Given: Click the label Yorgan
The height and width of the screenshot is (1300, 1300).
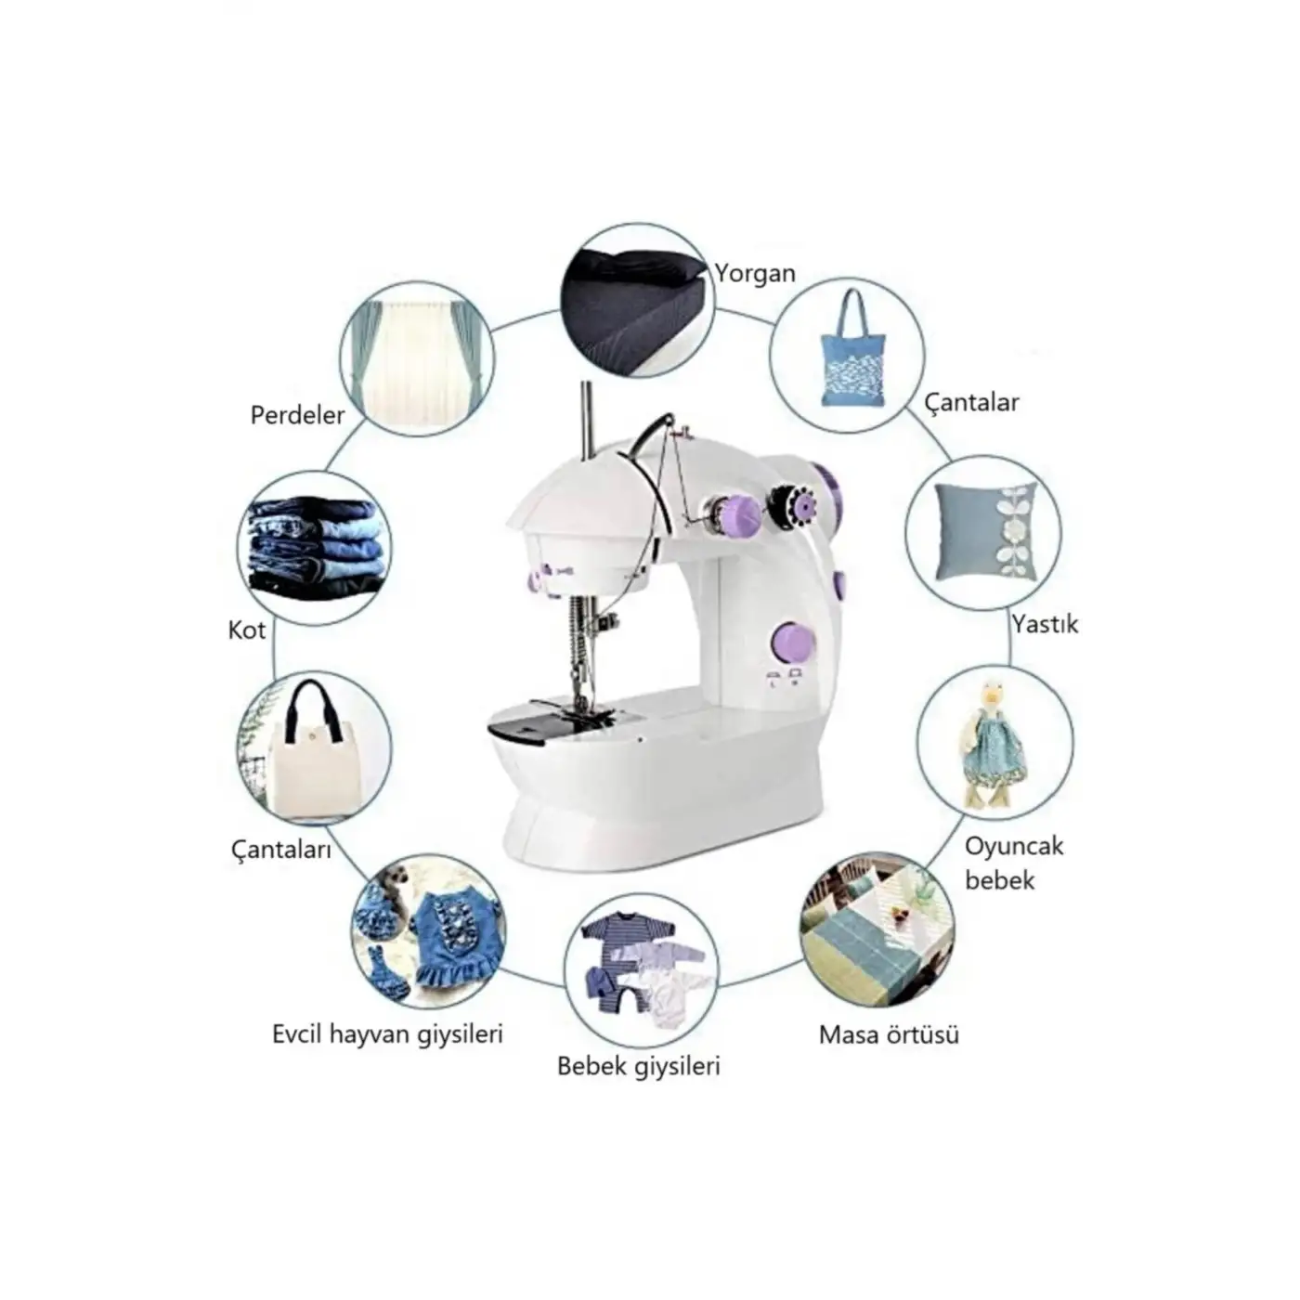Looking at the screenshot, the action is pyautogui.click(x=755, y=273).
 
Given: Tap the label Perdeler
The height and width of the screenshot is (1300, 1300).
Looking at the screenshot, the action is pyautogui.click(x=297, y=414).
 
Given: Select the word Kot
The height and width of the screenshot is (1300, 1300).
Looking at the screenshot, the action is pyautogui.click(x=247, y=630).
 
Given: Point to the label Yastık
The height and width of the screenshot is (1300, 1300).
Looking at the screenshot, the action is pyautogui.click(x=1045, y=624).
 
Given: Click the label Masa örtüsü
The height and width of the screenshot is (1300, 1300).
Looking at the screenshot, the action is pyautogui.click(x=889, y=1034).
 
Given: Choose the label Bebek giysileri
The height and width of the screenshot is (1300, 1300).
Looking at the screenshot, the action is pyautogui.click(x=638, y=1066).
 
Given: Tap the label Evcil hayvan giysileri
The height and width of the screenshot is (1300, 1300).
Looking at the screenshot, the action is pyautogui.click(x=387, y=1034).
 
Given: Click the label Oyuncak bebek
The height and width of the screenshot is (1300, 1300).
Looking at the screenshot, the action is pyautogui.click(x=1014, y=863).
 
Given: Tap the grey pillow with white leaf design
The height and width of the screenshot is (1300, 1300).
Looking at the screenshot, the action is pyautogui.click(x=984, y=532).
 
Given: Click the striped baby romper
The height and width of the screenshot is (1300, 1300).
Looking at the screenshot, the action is pyautogui.click(x=610, y=958).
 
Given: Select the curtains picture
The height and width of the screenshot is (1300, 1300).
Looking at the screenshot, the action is pyautogui.click(x=417, y=359).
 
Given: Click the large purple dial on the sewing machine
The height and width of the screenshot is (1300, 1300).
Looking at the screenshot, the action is pyautogui.click(x=794, y=642).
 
